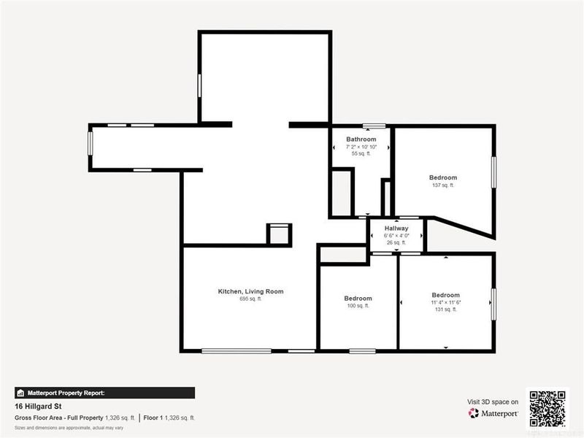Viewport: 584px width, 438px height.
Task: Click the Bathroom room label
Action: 361,139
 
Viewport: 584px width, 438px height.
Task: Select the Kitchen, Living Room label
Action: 250,291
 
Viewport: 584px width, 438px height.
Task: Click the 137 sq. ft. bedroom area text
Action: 443,185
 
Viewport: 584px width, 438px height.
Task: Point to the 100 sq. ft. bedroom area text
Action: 358,306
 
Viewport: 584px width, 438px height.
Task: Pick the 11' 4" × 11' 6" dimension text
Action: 445,302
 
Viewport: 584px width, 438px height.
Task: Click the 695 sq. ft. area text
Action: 250,299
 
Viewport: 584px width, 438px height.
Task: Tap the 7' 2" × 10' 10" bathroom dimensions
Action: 361,147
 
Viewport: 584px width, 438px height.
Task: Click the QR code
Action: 547,409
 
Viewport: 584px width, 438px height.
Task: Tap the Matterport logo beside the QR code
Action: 493,413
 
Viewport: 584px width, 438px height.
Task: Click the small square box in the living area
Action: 279,234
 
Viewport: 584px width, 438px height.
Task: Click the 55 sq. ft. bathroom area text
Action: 361,154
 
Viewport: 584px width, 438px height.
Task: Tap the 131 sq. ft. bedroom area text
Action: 445,310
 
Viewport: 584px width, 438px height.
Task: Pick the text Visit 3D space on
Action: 493,401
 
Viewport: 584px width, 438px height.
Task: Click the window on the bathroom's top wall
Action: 374,126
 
